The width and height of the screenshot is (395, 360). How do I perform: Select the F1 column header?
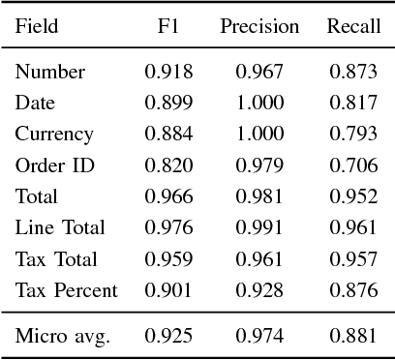point(168,27)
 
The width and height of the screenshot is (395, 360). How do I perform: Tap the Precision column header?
point(258,27)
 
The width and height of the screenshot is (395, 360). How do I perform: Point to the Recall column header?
point(352,27)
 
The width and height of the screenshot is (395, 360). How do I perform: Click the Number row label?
point(50,72)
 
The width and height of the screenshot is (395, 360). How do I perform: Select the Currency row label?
point(54,135)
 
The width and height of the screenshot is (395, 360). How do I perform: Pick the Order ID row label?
point(55,165)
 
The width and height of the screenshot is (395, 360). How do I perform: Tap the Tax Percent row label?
point(66,290)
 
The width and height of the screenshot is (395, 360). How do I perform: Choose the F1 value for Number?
point(168,72)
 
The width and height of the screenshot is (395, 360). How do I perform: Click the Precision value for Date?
point(258,103)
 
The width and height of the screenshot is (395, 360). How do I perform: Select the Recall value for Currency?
point(352,135)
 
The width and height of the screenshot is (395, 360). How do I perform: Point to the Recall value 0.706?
point(352,165)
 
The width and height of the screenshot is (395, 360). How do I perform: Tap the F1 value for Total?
point(168,196)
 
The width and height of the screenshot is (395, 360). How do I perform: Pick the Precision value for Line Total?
point(258,228)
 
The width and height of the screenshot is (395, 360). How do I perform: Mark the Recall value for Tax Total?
point(352,259)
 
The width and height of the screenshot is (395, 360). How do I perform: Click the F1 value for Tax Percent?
point(168,290)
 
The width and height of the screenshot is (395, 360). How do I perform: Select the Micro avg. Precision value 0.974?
point(258,336)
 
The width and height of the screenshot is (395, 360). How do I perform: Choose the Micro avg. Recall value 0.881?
point(352,336)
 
